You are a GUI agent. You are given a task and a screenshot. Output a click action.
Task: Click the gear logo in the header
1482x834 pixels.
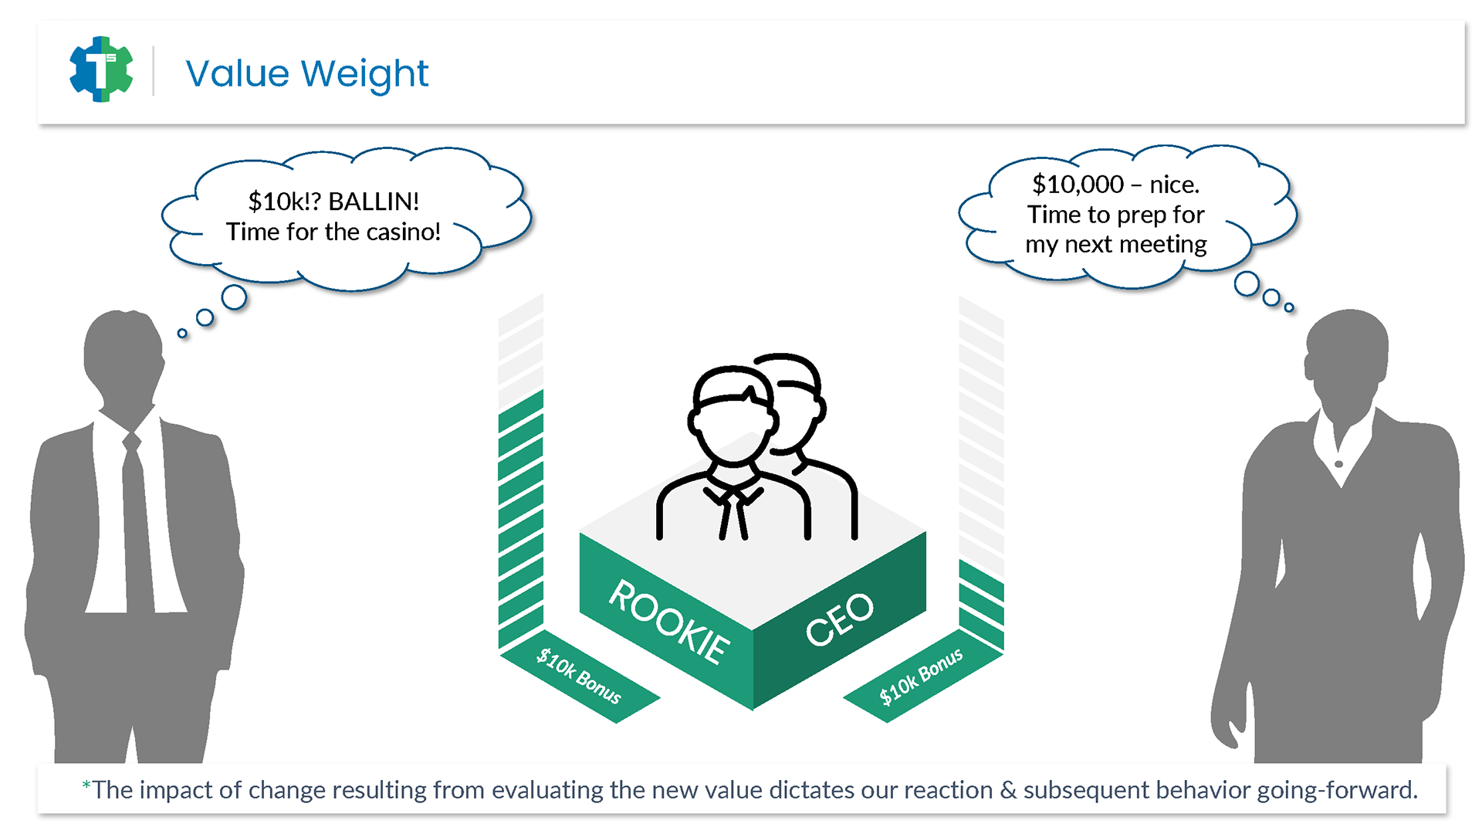click(101, 69)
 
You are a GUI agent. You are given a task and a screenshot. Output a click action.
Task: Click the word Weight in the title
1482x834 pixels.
click(364, 75)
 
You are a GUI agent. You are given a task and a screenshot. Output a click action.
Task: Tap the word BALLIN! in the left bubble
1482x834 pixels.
click(374, 202)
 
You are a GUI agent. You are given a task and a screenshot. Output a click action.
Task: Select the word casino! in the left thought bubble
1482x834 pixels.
click(401, 232)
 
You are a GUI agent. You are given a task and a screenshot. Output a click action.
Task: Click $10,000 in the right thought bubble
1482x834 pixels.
click(1078, 185)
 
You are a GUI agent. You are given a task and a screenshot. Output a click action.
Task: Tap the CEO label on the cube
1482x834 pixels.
click(839, 619)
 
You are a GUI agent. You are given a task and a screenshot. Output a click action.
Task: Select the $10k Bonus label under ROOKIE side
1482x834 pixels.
click(579, 676)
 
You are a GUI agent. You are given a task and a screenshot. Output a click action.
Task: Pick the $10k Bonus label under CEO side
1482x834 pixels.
click(922, 676)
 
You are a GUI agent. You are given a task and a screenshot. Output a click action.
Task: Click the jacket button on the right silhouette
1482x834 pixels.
click(1338, 464)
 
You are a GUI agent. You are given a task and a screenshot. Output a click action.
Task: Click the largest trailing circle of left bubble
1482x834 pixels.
click(234, 297)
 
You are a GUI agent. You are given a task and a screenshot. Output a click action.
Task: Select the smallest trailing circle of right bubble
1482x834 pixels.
click(1289, 307)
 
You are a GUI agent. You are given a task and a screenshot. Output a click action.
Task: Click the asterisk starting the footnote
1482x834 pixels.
click(86, 785)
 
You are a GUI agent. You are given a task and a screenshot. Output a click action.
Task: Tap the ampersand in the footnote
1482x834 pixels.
click(1008, 790)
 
